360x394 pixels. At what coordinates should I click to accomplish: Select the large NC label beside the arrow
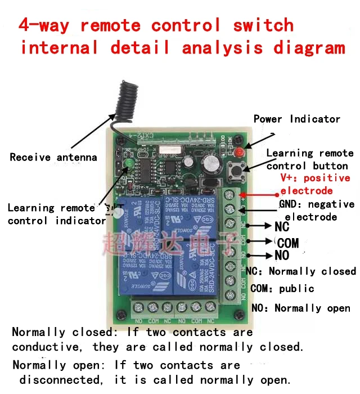(282, 227)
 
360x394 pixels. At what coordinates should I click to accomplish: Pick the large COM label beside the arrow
(287, 243)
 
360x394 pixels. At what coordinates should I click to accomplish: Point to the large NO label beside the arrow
(282, 257)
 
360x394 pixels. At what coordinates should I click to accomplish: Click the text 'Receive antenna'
(53, 158)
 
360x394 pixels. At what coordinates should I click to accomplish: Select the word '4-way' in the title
(45, 26)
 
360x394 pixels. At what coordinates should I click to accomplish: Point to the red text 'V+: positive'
(315, 178)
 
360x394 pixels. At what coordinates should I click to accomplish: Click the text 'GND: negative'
(317, 204)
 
